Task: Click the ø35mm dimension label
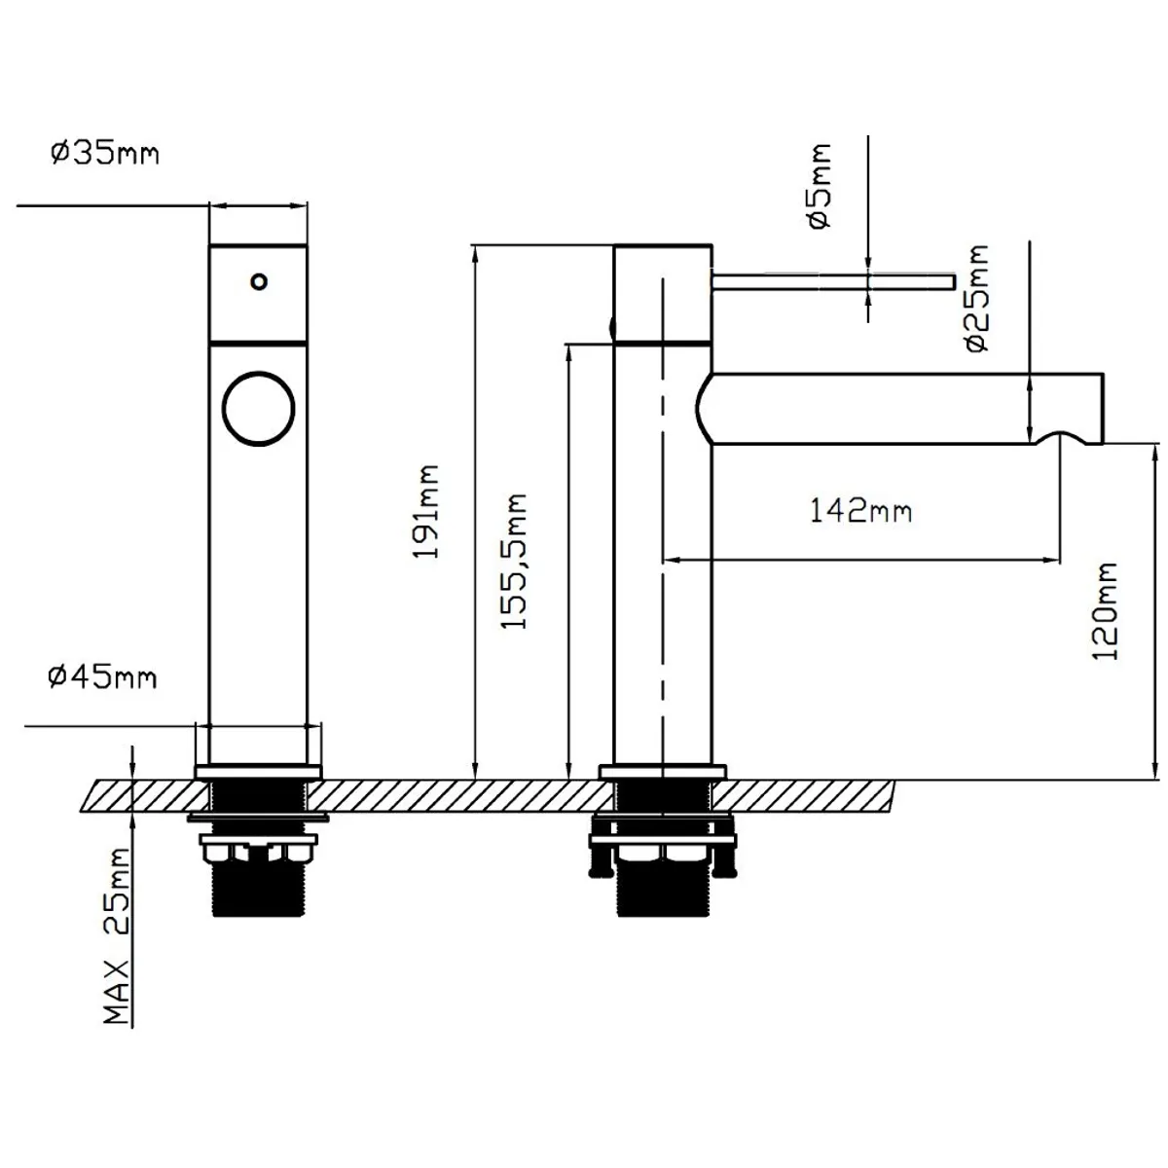pyautogui.click(x=105, y=154)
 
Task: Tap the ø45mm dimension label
pyautogui.click(x=102, y=676)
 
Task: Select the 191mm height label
pyautogui.click(x=425, y=512)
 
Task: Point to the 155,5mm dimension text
pyautogui.click(x=513, y=562)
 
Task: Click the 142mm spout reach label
pyautogui.click(x=860, y=510)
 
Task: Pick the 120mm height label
pyautogui.click(x=1105, y=611)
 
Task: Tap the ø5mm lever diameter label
pyautogui.click(x=820, y=187)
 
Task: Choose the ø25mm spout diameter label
pyautogui.click(x=977, y=298)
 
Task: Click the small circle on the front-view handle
pyautogui.click(x=259, y=282)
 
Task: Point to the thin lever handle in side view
pyautogui.click(x=833, y=282)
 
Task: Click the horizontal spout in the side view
pyautogui.click(x=899, y=409)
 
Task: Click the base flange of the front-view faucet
pyautogui.click(x=258, y=772)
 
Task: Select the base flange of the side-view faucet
pyautogui.click(x=663, y=772)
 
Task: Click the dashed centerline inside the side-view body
pyautogui.click(x=663, y=528)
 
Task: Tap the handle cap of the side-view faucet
pyautogui.click(x=663, y=293)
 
